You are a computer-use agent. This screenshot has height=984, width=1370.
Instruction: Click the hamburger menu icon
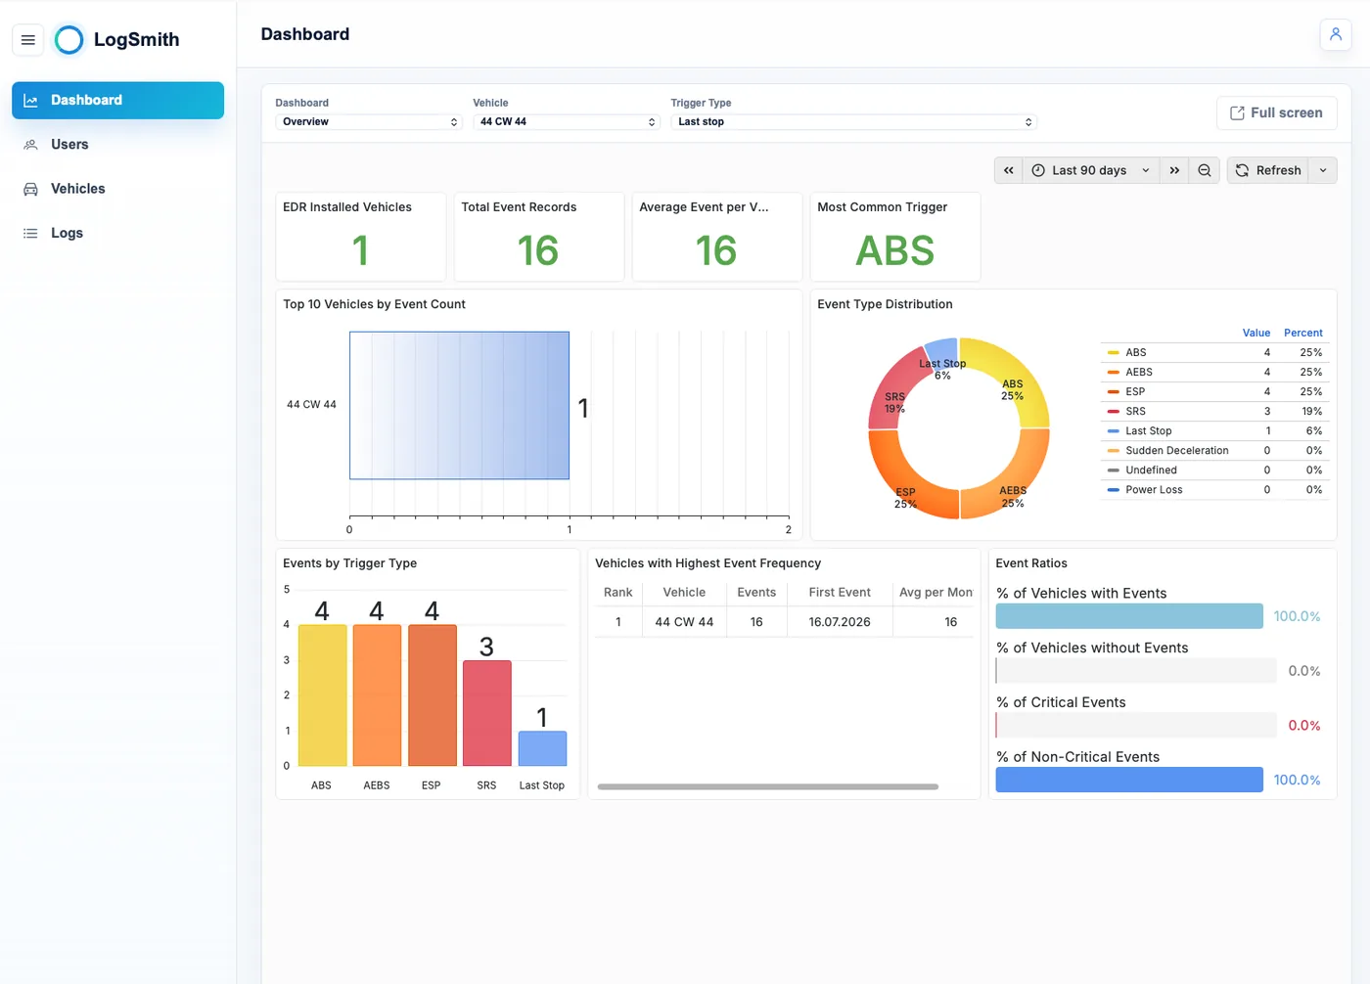point(28,40)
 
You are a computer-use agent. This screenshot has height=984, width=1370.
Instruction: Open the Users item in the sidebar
point(69,144)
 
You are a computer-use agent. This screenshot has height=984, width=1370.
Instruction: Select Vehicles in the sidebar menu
point(77,189)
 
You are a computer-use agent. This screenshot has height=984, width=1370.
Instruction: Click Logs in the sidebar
point(67,233)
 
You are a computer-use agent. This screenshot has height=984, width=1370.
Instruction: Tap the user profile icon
point(1336,34)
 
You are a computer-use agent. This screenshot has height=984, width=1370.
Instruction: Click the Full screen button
point(1276,113)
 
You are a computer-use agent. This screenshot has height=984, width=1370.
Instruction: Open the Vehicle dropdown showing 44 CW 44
point(567,121)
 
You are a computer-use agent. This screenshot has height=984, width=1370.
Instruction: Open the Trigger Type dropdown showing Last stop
point(853,121)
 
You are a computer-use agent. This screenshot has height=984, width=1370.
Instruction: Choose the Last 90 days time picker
point(1090,170)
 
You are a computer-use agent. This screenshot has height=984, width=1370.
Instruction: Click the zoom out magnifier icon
point(1205,170)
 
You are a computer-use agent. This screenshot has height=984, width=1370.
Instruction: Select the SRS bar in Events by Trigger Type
point(487,713)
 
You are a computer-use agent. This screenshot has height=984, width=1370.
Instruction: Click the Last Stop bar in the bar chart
point(542,748)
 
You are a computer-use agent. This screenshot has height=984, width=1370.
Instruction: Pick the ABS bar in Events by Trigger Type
point(322,694)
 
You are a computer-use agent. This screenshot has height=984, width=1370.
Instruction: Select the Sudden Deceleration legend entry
point(1176,451)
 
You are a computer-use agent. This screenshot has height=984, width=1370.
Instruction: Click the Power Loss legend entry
point(1154,490)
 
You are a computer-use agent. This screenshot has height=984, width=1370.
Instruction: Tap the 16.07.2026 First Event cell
point(840,621)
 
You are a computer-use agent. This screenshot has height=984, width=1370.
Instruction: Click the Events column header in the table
point(755,592)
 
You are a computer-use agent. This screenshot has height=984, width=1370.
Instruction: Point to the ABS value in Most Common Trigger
point(894,250)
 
